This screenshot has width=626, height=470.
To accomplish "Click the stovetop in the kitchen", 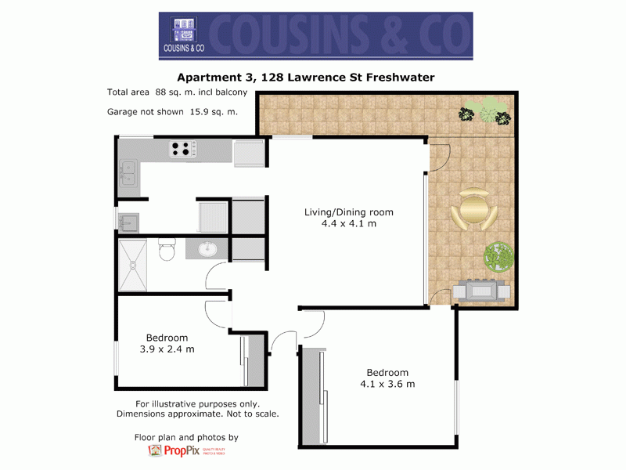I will (x=182, y=148).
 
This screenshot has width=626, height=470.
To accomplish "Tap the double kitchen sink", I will (x=128, y=175).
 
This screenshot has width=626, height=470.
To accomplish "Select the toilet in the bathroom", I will (x=166, y=251).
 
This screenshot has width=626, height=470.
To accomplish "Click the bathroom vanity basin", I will (x=208, y=250).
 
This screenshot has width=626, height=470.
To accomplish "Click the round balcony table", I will (x=474, y=210).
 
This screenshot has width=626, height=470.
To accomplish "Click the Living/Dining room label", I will (x=348, y=212).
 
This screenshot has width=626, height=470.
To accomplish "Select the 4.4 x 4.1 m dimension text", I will (x=349, y=224).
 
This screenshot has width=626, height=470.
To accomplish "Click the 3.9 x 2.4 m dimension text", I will (x=167, y=349).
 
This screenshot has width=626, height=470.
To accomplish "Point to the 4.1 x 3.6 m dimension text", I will (x=387, y=384).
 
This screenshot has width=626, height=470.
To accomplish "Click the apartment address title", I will (x=305, y=77).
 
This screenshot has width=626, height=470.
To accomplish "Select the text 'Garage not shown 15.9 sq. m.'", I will (x=172, y=112).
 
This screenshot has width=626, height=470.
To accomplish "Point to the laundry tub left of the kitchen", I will (x=128, y=222).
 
